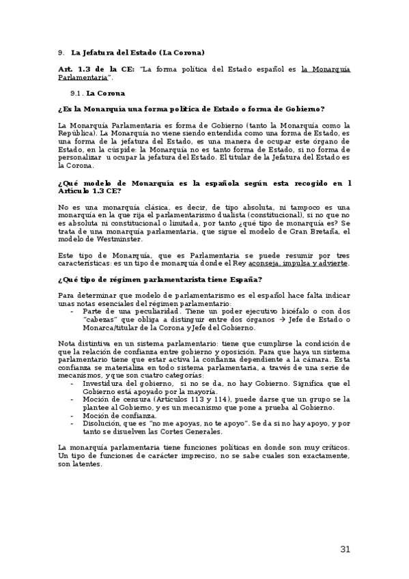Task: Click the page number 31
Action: [345, 550]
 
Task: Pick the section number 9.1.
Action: [76, 93]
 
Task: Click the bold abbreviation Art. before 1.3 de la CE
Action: [66, 70]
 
